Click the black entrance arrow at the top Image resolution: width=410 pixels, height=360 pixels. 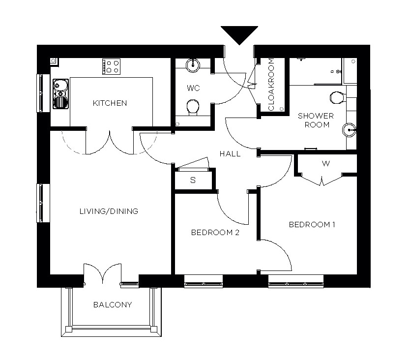coord(239,34)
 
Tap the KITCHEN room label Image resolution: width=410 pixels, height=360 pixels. coord(110,103)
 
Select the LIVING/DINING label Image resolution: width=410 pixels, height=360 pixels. coord(109,211)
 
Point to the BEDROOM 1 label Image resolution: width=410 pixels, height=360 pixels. coord(312,225)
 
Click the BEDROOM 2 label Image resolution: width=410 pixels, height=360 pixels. coord(215,233)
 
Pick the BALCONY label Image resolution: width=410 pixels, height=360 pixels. coord(113,305)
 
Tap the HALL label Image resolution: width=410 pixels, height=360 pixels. coord(230,154)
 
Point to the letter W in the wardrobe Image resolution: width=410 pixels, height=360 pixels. coord(325,164)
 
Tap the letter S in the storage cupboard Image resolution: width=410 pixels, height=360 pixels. coord(193,180)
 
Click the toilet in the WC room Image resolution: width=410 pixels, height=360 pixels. coord(193,107)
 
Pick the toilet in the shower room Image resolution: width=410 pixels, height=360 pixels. coord(337,97)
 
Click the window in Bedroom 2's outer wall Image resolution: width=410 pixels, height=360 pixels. coord(203,282)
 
